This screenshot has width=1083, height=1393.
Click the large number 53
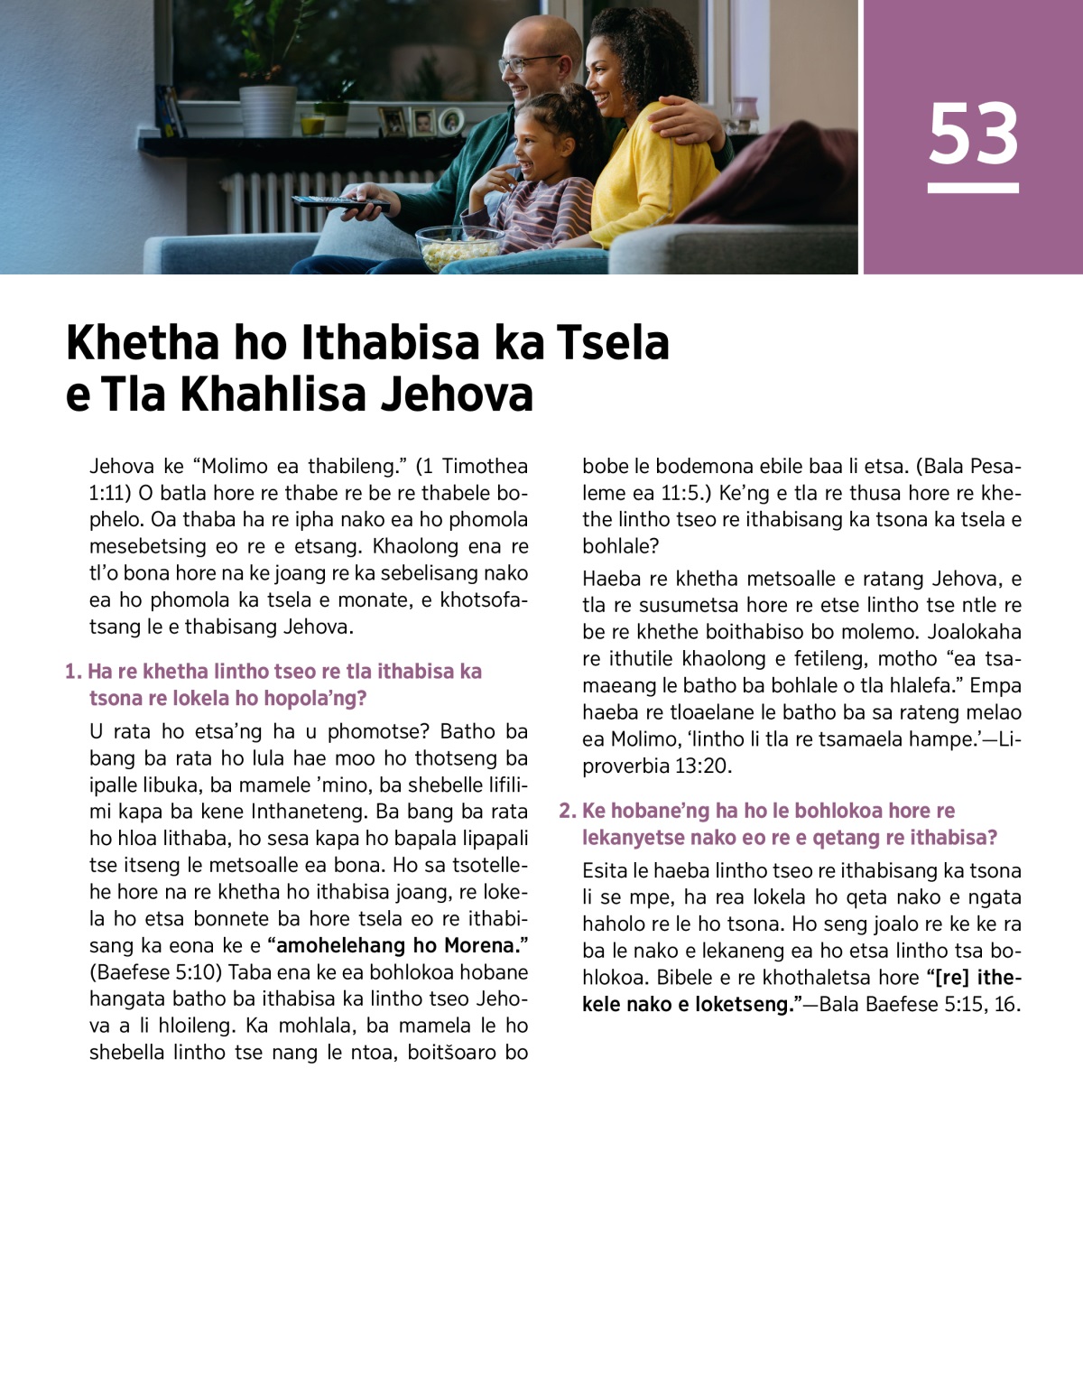[973, 134]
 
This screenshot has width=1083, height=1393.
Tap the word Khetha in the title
[143, 343]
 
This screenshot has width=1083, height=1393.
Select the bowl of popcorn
[459, 246]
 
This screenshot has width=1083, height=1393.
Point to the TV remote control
[338, 202]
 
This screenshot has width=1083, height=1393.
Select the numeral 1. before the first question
[73, 672]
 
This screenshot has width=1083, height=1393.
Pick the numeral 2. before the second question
[567, 811]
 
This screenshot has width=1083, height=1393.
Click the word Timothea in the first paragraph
[485, 466]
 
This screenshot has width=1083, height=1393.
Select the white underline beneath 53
[973, 188]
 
